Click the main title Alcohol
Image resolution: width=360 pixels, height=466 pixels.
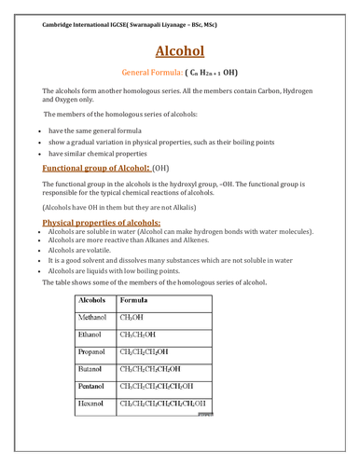(x=180, y=50)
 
